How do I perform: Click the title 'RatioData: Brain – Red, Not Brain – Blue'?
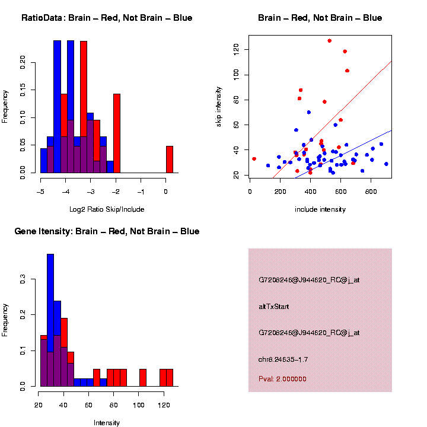pyautogui.click(x=107, y=18)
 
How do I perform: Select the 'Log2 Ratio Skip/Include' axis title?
pyautogui.click(x=107, y=209)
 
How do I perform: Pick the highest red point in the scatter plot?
pyautogui.click(x=329, y=41)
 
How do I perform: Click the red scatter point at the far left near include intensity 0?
pyautogui.click(x=254, y=159)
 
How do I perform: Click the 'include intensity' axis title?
pyautogui.click(x=320, y=209)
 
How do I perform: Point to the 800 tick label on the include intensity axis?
pyautogui.click(x=371, y=192)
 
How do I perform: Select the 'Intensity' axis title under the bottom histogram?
pyautogui.click(x=107, y=423)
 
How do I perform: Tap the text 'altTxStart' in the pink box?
pyautogui.click(x=273, y=306)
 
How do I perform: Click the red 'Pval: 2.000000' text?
pyautogui.click(x=283, y=378)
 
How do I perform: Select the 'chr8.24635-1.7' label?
pyautogui.click(x=283, y=359)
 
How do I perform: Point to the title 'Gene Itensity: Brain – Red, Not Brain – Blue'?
pyautogui.click(x=107, y=231)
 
